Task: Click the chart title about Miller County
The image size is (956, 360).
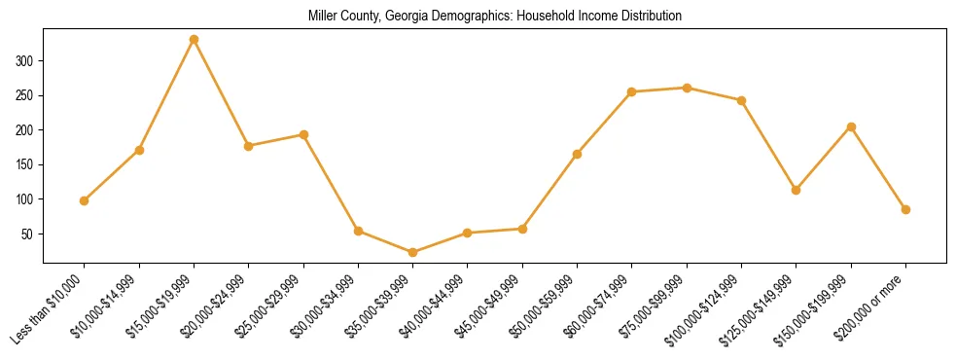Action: [x=495, y=17]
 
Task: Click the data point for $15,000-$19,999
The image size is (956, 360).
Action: [x=194, y=40]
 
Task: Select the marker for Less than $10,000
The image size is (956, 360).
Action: [x=85, y=200]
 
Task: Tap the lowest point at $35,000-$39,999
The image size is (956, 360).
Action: [x=412, y=252]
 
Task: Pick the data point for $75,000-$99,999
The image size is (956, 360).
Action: [x=687, y=88]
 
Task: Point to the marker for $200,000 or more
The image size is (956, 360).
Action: [x=905, y=209]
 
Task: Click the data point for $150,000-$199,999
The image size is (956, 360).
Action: [x=851, y=126]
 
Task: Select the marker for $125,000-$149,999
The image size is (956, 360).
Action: [x=797, y=190]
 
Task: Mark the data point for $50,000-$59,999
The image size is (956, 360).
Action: [x=577, y=154]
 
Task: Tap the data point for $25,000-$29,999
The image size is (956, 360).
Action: [x=303, y=134]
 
